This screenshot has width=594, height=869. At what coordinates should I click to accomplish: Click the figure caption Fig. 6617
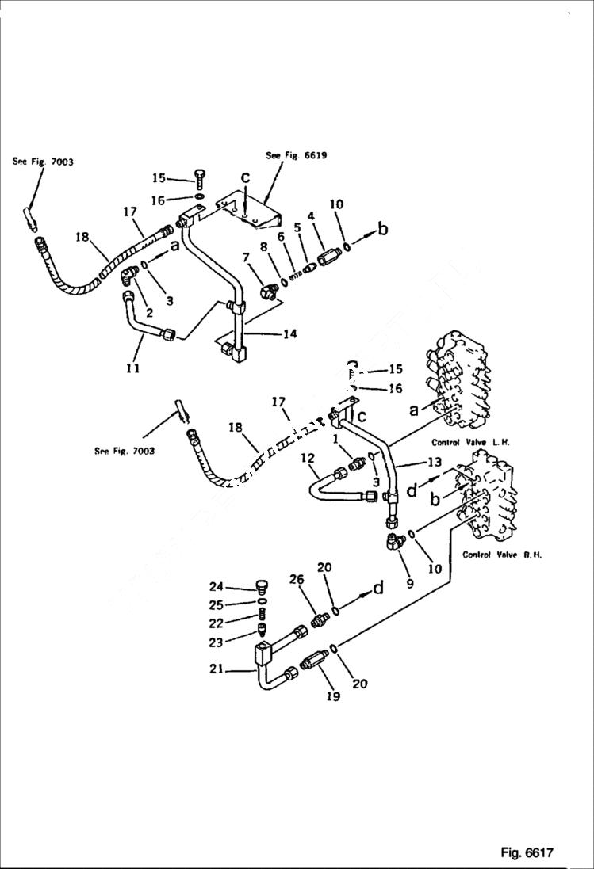click(x=527, y=852)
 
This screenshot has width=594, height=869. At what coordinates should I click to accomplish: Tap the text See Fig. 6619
click(x=296, y=156)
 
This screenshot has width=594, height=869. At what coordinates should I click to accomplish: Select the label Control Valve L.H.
click(x=463, y=442)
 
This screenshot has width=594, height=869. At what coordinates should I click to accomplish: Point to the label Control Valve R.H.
click(x=502, y=555)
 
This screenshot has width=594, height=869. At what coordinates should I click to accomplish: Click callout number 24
click(x=217, y=587)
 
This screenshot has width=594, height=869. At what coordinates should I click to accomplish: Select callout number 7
click(x=247, y=257)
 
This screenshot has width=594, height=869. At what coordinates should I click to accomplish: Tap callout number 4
click(x=311, y=215)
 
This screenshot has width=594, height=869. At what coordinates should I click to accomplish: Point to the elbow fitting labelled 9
click(x=393, y=542)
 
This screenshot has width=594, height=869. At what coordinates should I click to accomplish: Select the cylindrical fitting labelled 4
click(x=328, y=259)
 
